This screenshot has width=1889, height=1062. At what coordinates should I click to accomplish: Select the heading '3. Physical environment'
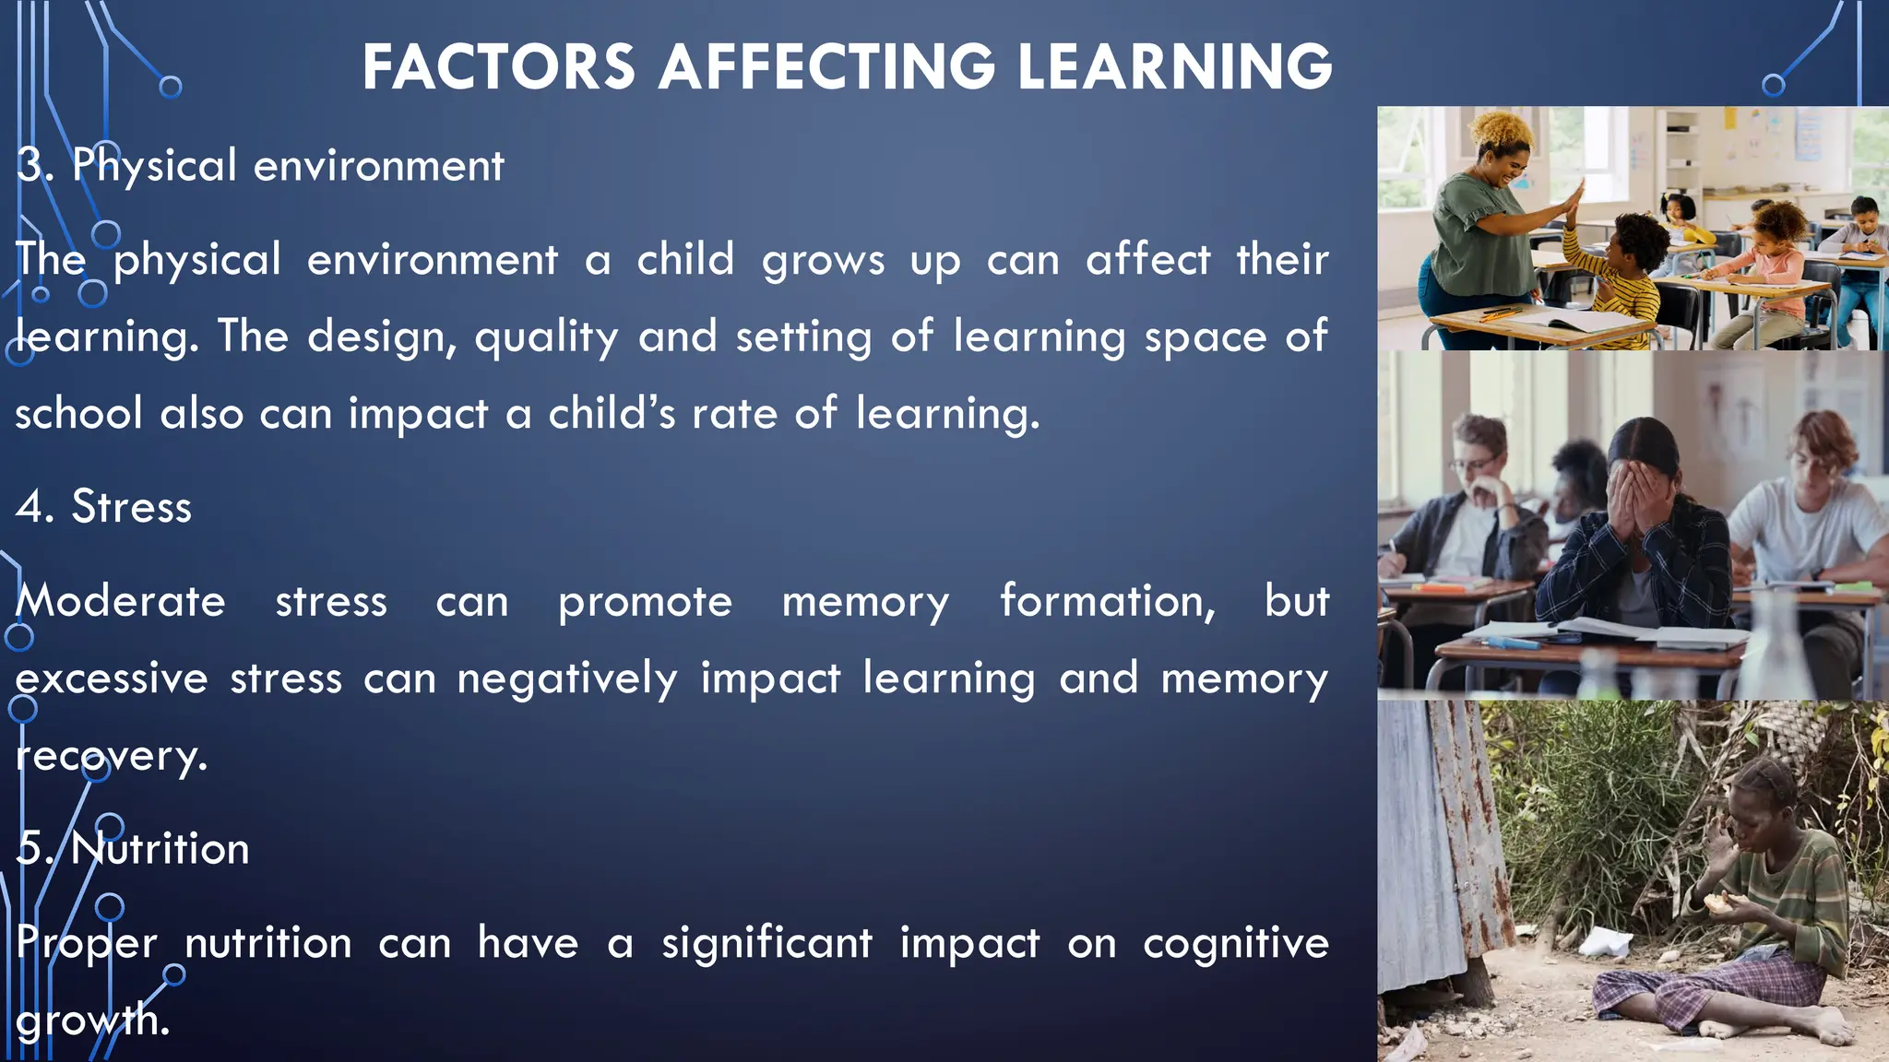261,166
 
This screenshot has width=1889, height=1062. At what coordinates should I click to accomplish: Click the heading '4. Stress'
104,507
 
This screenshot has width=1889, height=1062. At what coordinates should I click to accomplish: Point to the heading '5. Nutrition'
134,848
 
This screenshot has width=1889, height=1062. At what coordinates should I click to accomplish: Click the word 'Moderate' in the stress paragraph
121,602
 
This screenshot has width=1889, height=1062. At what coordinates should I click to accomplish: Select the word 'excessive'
112,679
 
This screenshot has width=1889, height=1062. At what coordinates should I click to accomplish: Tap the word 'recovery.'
112,756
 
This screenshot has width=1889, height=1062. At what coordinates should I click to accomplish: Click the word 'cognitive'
1235,943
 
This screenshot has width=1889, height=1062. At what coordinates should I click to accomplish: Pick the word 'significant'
766,943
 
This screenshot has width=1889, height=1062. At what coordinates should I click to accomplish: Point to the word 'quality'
546,337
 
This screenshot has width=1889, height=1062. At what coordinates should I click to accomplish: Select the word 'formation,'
1108,602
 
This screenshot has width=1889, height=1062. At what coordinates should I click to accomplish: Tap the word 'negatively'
567,679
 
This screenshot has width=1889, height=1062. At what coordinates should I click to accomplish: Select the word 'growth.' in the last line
92,1020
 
